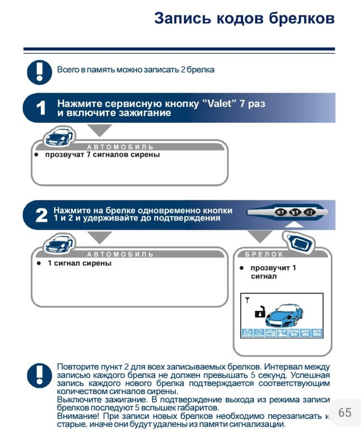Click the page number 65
(x=344, y=412)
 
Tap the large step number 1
(x=41, y=108)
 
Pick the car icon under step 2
(x=59, y=243)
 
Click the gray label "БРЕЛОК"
(x=265, y=255)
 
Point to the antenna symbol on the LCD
(x=247, y=301)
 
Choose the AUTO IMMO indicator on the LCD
(x=316, y=333)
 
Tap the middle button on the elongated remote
(x=294, y=212)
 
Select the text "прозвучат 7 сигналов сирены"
(x=103, y=155)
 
